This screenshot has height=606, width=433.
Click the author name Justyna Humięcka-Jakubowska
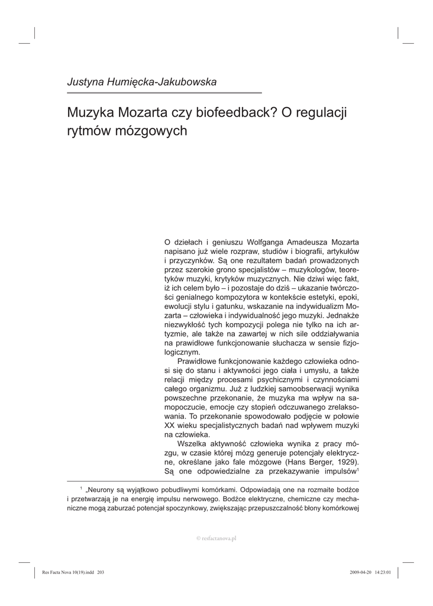(x=141, y=82)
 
